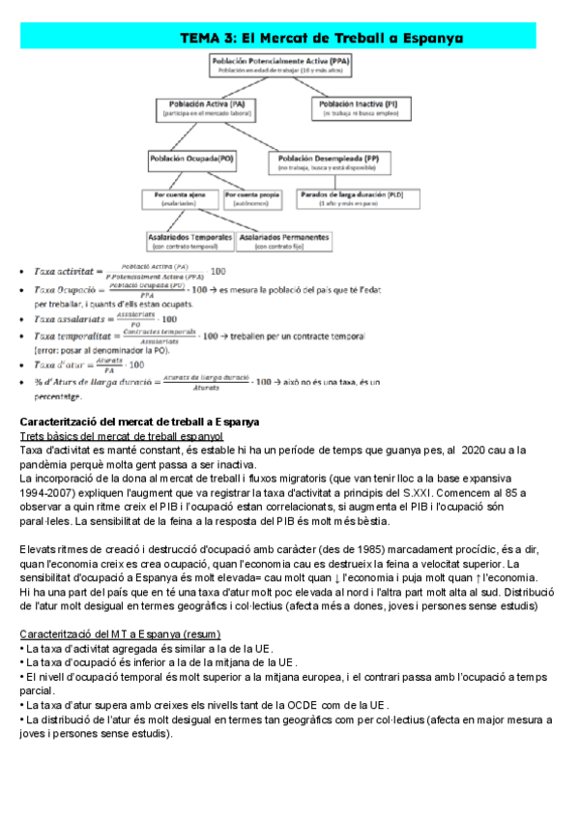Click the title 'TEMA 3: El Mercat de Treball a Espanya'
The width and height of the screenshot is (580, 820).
pos(322,38)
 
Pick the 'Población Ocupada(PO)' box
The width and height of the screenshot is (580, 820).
pos(191,161)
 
